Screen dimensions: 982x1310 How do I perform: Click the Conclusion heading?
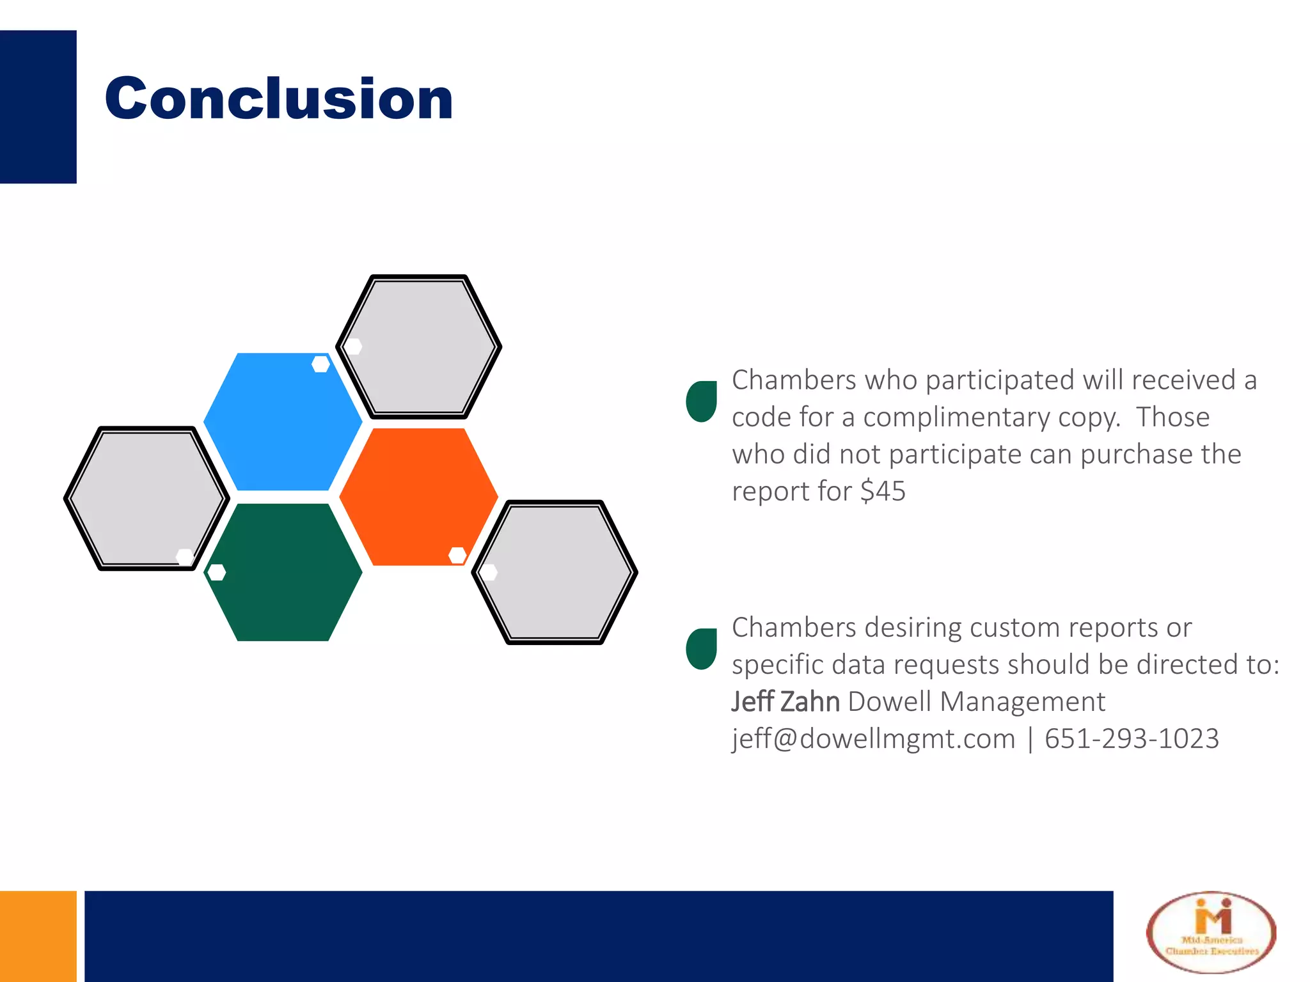279,98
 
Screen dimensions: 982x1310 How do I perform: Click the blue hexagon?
283,422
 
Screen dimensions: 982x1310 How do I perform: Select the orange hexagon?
418,497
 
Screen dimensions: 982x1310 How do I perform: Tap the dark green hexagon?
283,572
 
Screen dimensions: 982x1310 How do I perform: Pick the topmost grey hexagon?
418,347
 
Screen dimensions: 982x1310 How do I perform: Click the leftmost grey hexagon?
146,498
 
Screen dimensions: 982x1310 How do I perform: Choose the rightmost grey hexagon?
555,572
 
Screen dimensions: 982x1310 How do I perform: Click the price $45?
883,492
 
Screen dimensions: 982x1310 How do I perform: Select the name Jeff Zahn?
785,702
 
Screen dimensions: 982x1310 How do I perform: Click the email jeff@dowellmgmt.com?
873,739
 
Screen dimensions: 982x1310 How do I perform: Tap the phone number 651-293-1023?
1132,739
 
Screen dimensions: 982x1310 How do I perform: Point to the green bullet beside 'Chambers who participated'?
701,401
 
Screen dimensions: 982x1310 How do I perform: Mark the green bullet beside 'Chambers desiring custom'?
701,649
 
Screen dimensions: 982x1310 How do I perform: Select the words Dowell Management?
976,702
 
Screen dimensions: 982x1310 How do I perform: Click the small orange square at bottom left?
38,936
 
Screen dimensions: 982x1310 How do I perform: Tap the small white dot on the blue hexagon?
320,364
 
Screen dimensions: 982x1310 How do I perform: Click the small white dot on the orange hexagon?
457,555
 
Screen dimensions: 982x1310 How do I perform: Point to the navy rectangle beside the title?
38,107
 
